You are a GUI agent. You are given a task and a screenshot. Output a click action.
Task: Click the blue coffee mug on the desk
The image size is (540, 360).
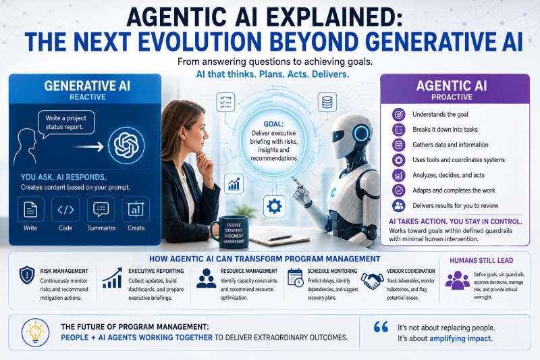coord(231,232)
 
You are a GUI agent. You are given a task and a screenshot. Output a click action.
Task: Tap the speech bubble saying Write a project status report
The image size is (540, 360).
coord(66,123)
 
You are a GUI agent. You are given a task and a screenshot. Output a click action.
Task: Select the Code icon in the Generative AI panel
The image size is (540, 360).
coord(65,209)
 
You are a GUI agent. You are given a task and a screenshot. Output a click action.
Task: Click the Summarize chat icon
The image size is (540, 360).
coord(101,209)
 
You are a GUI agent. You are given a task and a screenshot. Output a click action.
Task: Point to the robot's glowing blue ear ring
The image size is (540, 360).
coord(361,133)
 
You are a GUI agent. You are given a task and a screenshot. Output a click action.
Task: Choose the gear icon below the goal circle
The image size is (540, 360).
coord(274,206)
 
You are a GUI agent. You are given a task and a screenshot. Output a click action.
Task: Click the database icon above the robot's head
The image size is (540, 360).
coord(327,102)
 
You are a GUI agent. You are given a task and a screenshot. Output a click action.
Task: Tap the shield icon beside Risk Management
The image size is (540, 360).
coord(27,275)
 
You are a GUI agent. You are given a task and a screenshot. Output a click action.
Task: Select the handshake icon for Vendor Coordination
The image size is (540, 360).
coord(372,280)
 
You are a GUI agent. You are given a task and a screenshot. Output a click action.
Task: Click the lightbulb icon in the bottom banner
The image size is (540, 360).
coord(35,332)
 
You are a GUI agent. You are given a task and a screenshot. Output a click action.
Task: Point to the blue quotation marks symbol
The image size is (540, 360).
coord(381,327)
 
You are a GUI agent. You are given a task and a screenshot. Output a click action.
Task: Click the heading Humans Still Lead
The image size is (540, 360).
coord(481,261)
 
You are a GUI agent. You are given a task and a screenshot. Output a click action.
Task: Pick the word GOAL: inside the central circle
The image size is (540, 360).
coord(273,124)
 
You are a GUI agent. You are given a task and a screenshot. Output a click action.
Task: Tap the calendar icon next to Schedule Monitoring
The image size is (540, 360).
coord(295,278)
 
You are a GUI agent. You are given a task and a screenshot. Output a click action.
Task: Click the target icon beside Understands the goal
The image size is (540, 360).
coord(398,114)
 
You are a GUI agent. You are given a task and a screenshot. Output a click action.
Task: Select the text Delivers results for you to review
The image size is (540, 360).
coord(455,205)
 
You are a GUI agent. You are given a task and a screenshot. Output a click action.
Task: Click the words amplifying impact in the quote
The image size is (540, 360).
coord(461,338)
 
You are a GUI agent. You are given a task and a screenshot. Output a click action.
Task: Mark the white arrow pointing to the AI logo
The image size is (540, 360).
coord(88,147)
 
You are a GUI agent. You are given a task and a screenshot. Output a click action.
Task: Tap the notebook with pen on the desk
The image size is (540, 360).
coord(279,237)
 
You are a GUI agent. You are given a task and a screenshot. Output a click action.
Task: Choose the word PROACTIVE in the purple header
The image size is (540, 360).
coord(452,97)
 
